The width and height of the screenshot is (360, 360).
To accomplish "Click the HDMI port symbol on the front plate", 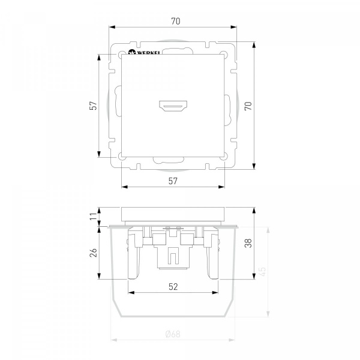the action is pyautogui.click(x=173, y=106).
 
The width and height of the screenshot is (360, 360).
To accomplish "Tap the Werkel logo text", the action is pyautogui.click(x=149, y=53).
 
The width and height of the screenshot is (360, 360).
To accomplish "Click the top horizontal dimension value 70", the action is pyautogui.click(x=176, y=21).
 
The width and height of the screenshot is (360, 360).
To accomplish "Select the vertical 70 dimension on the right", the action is pyautogui.click(x=248, y=106).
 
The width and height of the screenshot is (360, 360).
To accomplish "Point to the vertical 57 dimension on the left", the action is pyautogui.click(x=94, y=106).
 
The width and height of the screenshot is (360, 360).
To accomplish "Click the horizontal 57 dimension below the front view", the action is pyautogui.click(x=173, y=181).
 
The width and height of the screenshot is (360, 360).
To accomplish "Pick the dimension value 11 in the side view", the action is pyautogui.click(x=94, y=216).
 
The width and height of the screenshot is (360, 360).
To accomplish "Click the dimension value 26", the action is pyautogui.click(x=94, y=253).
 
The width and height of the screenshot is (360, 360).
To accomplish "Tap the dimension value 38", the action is pyautogui.click(x=248, y=244).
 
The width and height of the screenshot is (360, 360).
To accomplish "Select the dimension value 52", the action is pyautogui.click(x=173, y=287).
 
